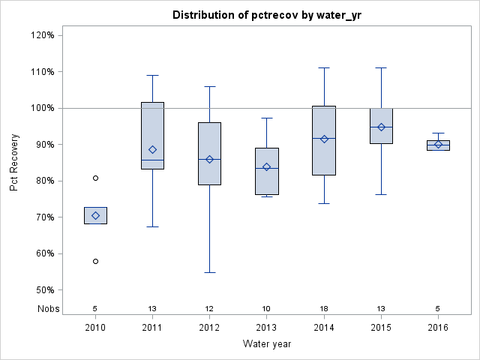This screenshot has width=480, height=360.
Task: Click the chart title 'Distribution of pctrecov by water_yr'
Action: (266, 15)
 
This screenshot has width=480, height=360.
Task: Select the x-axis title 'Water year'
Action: (266, 343)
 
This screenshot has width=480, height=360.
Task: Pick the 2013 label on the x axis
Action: (266, 327)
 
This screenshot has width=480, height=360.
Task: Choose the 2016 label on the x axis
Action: (438, 327)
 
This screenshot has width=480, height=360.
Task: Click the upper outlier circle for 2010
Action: (95, 178)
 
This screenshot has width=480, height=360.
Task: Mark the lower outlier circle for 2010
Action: (95, 261)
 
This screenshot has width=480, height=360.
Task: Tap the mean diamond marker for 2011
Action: (152, 149)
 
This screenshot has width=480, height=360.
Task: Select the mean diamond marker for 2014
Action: (324, 139)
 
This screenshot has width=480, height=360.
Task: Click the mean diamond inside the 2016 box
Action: (438, 145)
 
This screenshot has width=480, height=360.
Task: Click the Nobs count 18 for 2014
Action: (324, 308)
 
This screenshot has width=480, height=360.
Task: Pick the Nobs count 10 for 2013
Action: (266, 308)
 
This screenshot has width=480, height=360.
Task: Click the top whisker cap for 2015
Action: (381, 67)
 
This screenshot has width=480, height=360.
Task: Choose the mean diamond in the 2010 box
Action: (95, 215)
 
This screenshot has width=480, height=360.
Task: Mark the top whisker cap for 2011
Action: (152, 75)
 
